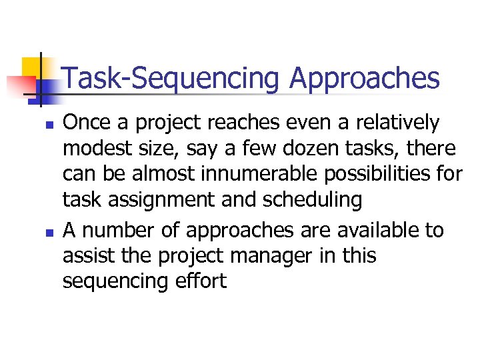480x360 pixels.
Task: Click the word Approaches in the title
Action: click(x=365, y=79)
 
